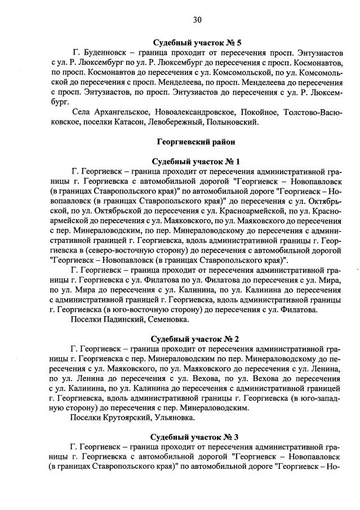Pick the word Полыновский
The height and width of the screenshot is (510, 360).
(x=233, y=122)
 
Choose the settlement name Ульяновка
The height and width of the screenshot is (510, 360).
(x=174, y=418)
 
